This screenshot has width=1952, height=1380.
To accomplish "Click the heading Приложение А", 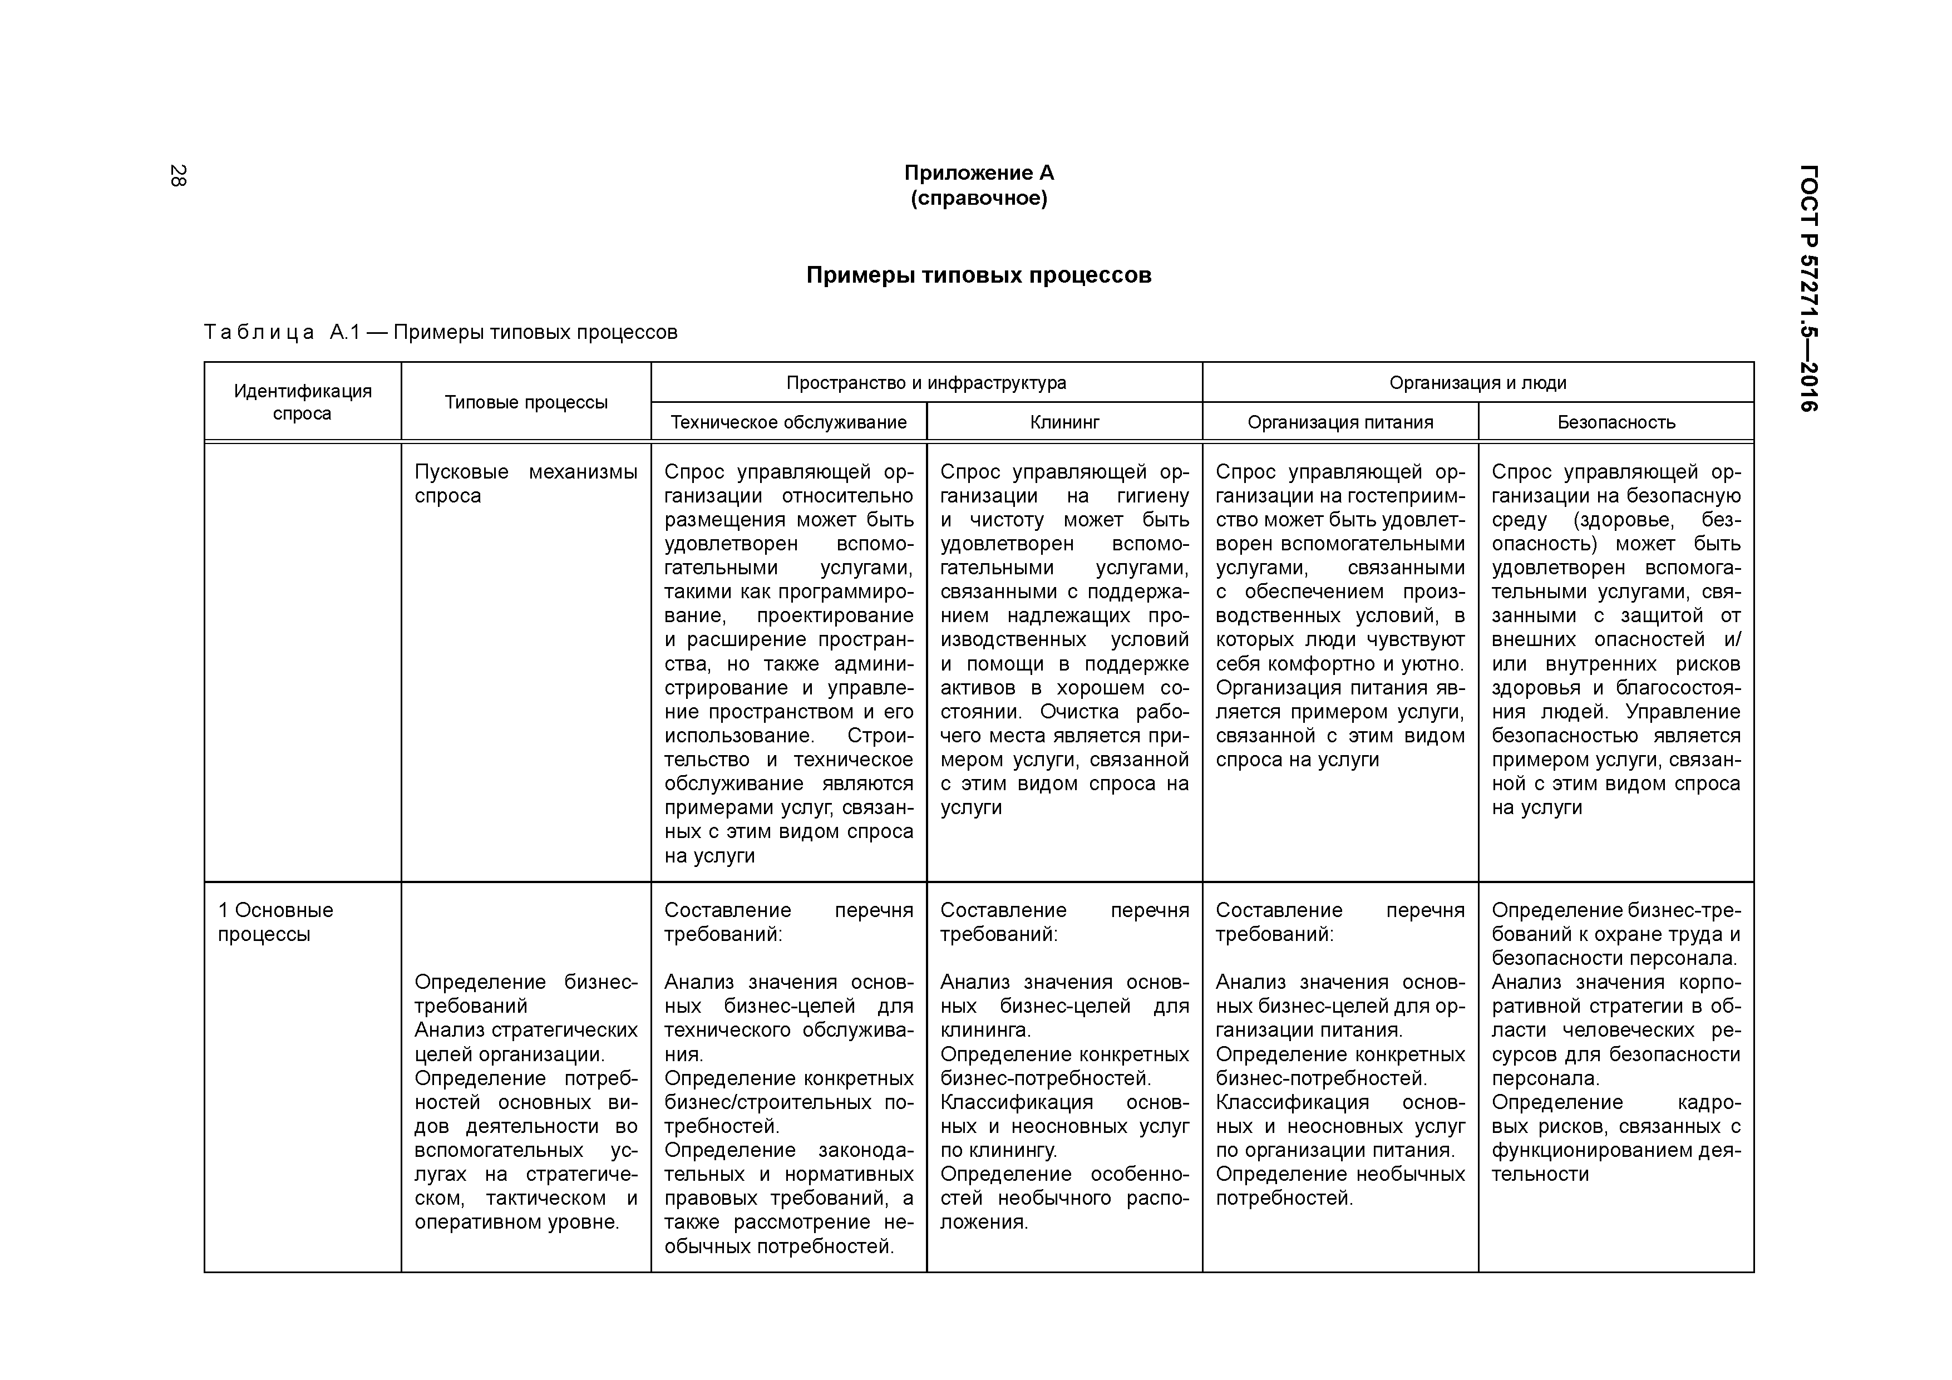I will pyautogui.click(x=979, y=174).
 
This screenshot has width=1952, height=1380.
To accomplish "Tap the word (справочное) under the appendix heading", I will pyautogui.click(x=979, y=199).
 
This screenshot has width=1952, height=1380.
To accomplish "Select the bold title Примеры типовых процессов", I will pyautogui.click(x=979, y=275).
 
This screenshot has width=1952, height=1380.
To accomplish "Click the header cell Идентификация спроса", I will pyautogui.click(x=303, y=402).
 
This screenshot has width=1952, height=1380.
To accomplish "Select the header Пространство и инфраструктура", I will pyautogui.click(x=926, y=383).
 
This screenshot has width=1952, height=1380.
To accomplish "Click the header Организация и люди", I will pyautogui.click(x=1477, y=383).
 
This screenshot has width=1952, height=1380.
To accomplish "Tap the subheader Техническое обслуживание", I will pyautogui.click(x=788, y=422).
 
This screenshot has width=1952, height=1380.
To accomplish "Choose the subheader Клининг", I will pyautogui.click(x=1064, y=422).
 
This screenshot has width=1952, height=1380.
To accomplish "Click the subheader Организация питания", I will pyautogui.click(x=1340, y=422).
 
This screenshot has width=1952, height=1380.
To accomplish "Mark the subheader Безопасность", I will pyautogui.click(x=1615, y=422).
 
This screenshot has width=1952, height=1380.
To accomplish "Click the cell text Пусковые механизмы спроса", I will pyautogui.click(x=525, y=484).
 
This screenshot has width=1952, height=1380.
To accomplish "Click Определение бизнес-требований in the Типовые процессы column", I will pyautogui.click(x=525, y=994).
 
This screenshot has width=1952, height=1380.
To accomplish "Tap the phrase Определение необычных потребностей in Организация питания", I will pyautogui.click(x=1340, y=1186).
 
